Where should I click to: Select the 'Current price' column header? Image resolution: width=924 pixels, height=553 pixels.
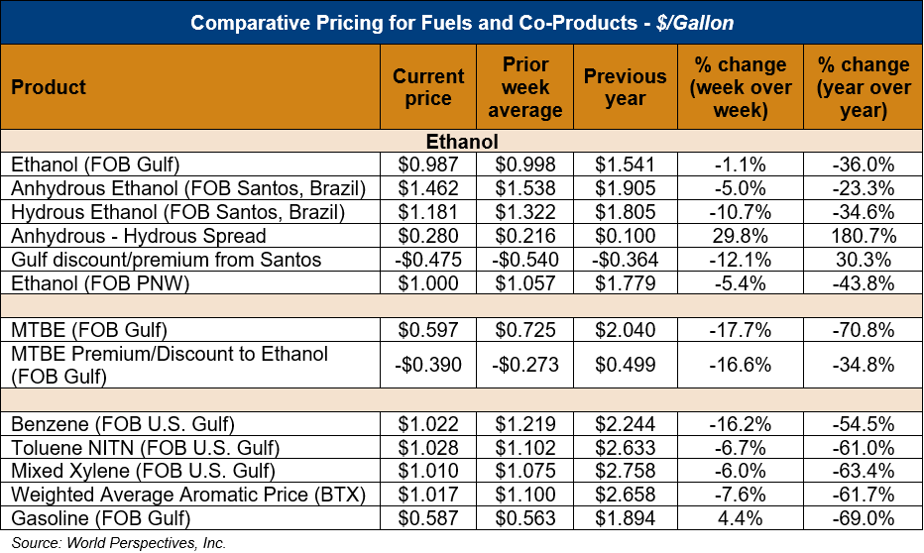click(428, 87)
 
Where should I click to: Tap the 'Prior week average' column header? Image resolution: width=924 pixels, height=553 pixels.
click(525, 87)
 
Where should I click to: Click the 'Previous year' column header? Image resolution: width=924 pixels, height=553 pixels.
click(625, 87)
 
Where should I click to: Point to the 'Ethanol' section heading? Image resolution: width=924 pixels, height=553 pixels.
click(462, 142)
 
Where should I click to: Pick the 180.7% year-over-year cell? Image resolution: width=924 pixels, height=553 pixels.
click(863, 237)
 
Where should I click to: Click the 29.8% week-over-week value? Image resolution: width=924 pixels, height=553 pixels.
click(741, 237)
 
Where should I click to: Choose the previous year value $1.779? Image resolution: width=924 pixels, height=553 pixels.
click(625, 284)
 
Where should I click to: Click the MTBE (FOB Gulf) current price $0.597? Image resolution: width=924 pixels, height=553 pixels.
click(428, 330)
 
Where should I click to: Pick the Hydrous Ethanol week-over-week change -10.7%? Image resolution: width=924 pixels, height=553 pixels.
click(741, 213)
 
